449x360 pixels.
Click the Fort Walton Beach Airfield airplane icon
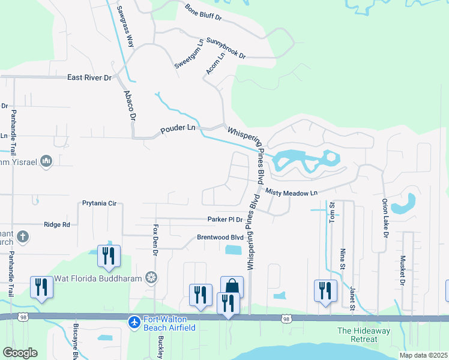(x=135, y=323)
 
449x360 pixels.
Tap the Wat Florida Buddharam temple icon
(x=152, y=277)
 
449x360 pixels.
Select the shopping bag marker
(x=232, y=287)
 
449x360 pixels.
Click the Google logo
(x=20, y=353)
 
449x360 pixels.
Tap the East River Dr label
(x=89, y=77)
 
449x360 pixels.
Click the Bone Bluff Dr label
(x=203, y=13)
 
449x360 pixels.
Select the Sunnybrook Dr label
(x=226, y=48)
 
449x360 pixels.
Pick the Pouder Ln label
(x=178, y=128)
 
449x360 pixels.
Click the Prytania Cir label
(x=99, y=203)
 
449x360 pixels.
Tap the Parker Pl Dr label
(x=225, y=220)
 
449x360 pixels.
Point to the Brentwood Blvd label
(x=220, y=237)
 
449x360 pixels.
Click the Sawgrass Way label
(x=125, y=27)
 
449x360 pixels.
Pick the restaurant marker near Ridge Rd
(x=109, y=256)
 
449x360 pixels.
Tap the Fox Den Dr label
(x=156, y=241)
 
